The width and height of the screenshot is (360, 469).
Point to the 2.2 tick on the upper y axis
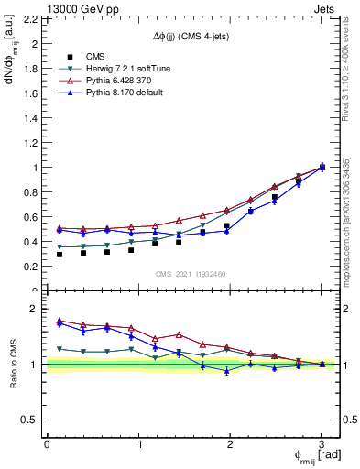click(30, 19)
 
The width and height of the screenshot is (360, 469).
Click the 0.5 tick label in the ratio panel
click(30, 420)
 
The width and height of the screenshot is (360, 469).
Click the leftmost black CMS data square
click(60, 254)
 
